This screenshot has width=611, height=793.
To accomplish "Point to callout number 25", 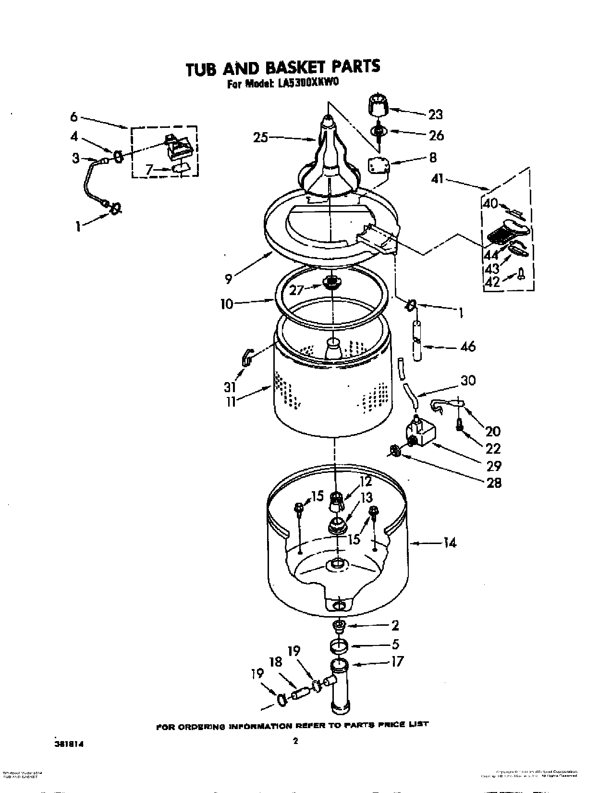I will (x=261, y=137).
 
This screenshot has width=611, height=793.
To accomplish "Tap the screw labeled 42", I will (x=522, y=275).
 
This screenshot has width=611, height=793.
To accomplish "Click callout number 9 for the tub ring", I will (x=229, y=278).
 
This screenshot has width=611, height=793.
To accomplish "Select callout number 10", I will (x=227, y=304).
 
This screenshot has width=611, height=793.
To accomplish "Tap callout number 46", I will (x=467, y=346).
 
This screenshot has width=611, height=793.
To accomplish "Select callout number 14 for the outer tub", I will (x=449, y=543).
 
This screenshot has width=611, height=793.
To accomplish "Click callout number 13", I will (x=366, y=497).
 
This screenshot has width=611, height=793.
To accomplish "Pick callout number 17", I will (x=397, y=661).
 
